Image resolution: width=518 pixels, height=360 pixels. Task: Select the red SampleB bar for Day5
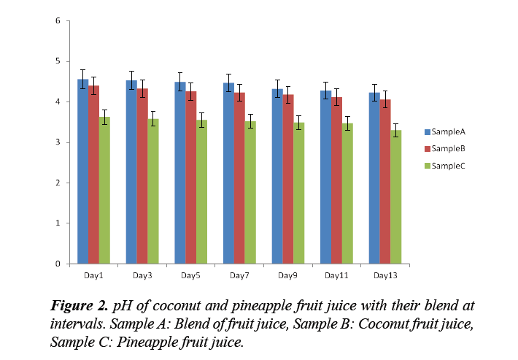[190, 179]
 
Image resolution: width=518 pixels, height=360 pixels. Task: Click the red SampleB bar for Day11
[336, 183]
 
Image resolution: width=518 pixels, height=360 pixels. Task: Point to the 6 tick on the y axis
[58, 20]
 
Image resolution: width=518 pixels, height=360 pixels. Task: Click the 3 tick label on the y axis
[58, 142]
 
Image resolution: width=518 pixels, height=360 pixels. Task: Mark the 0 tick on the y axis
[58, 264]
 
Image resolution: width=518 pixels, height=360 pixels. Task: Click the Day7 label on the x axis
[239, 275]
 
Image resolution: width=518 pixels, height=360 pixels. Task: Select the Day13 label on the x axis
[384, 275]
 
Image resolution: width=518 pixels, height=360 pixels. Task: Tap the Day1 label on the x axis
[93, 275]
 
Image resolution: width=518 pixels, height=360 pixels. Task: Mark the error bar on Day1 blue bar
[83, 79]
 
